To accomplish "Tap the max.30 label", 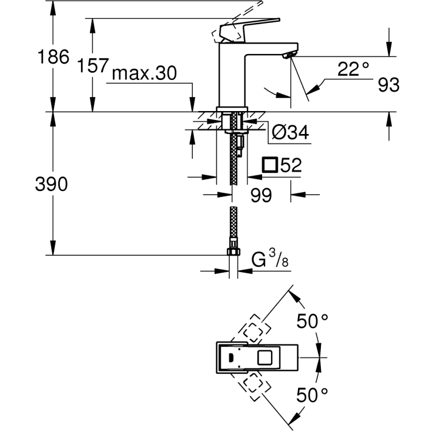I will click(145, 73).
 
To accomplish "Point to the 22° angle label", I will click(353, 69).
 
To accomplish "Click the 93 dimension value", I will click(389, 85).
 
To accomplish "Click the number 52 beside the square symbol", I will click(291, 165).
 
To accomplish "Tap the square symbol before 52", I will click(270, 165).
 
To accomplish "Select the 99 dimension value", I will click(261, 195).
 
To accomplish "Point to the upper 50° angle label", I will click(312, 322).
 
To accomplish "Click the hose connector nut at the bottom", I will click(233, 253).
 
